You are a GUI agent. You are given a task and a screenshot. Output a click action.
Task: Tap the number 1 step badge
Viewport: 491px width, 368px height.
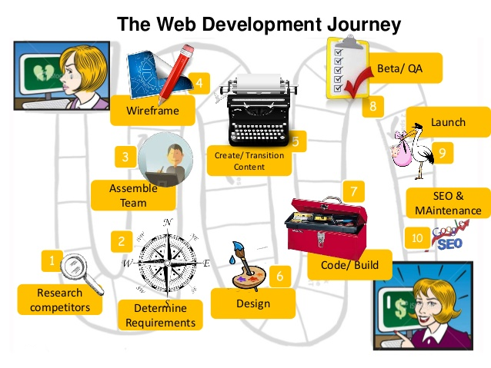(x=52, y=260)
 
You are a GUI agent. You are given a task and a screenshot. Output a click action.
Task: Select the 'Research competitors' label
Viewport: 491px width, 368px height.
(x=60, y=300)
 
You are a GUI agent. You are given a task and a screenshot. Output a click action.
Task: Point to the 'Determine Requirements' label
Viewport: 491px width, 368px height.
(x=162, y=315)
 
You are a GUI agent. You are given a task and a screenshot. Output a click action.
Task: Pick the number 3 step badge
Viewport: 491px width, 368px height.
(x=125, y=157)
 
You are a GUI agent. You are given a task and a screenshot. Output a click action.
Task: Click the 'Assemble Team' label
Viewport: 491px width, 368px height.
(x=133, y=195)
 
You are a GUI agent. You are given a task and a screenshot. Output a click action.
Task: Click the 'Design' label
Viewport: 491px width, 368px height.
(x=253, y=303)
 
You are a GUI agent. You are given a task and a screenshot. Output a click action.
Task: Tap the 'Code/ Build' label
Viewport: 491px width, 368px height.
(x=349, y=266)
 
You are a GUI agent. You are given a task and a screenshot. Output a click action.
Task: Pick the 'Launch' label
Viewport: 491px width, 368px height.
(x=447, y=121)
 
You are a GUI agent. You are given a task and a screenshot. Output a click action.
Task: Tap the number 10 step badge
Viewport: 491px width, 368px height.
(x=418, y=238)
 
